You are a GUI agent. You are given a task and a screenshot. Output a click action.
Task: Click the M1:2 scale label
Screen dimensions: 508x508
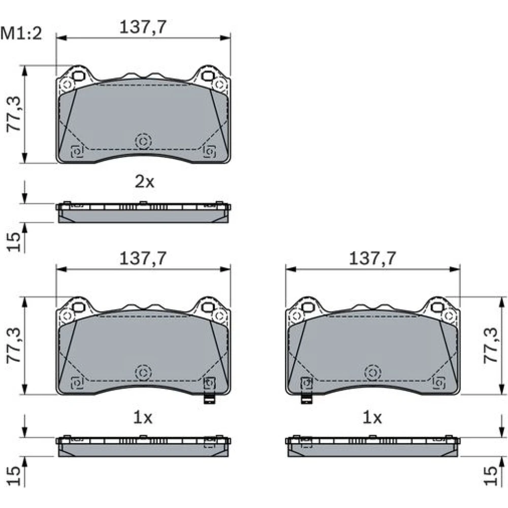[21, 34]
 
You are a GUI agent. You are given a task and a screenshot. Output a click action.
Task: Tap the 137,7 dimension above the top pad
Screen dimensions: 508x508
[143, 27]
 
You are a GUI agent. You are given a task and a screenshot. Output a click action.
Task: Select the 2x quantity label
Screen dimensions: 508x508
[144, 182]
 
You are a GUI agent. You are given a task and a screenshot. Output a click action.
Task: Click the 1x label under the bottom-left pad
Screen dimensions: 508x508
[143, 418]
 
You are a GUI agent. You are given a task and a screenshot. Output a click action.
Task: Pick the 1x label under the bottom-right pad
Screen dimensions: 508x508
[372, 418]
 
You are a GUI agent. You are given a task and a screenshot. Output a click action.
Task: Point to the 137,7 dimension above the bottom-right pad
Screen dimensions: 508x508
[372, 259]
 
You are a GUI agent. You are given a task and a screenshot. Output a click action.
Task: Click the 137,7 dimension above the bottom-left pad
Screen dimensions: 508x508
[143, 259]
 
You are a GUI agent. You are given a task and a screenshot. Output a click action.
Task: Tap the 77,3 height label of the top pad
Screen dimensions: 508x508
[14, 114]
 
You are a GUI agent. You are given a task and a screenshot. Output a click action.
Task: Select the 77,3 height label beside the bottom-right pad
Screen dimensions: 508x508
[491, 345]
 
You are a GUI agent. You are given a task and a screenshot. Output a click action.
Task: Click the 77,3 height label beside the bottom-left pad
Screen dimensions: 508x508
[14, 345]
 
